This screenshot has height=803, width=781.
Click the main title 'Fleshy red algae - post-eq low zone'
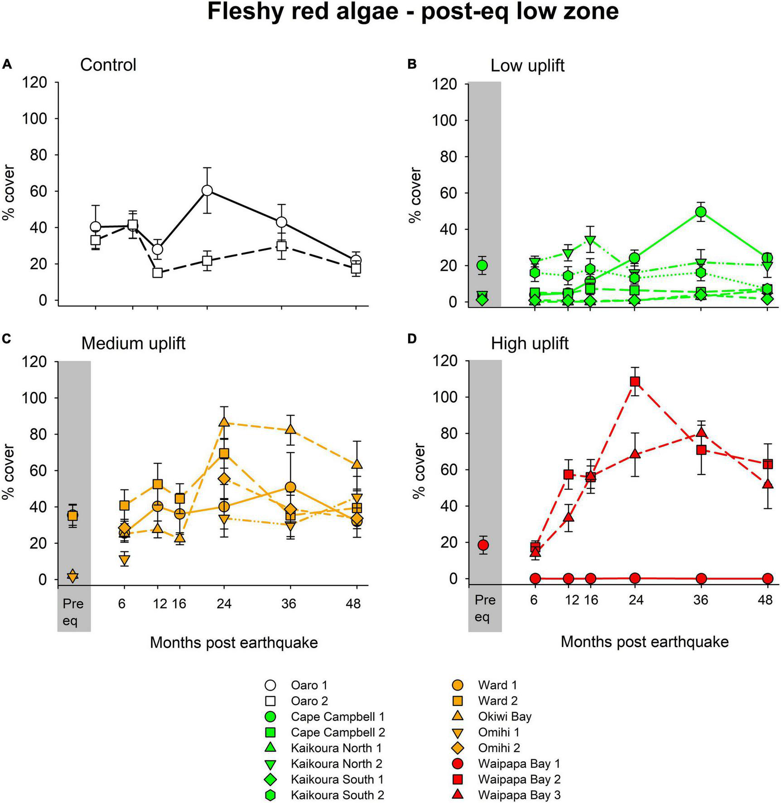413,12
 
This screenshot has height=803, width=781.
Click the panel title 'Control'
108,65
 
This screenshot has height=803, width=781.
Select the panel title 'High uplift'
530,343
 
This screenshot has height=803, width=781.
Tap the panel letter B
412,64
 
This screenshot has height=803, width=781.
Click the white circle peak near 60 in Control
207,190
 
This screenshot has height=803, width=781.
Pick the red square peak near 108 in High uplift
635,381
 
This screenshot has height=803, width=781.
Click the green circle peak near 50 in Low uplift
701,212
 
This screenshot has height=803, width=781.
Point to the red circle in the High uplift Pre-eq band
483,545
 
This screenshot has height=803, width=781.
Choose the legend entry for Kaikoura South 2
337,795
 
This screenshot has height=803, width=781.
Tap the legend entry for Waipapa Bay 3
519,795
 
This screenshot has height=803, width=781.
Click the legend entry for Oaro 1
309,685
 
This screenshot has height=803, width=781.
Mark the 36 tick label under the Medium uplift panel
289,604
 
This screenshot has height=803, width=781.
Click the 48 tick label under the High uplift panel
765,600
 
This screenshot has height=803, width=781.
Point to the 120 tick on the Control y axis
36,82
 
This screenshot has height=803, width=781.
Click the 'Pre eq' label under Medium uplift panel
72,612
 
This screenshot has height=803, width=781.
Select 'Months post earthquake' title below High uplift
644,642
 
